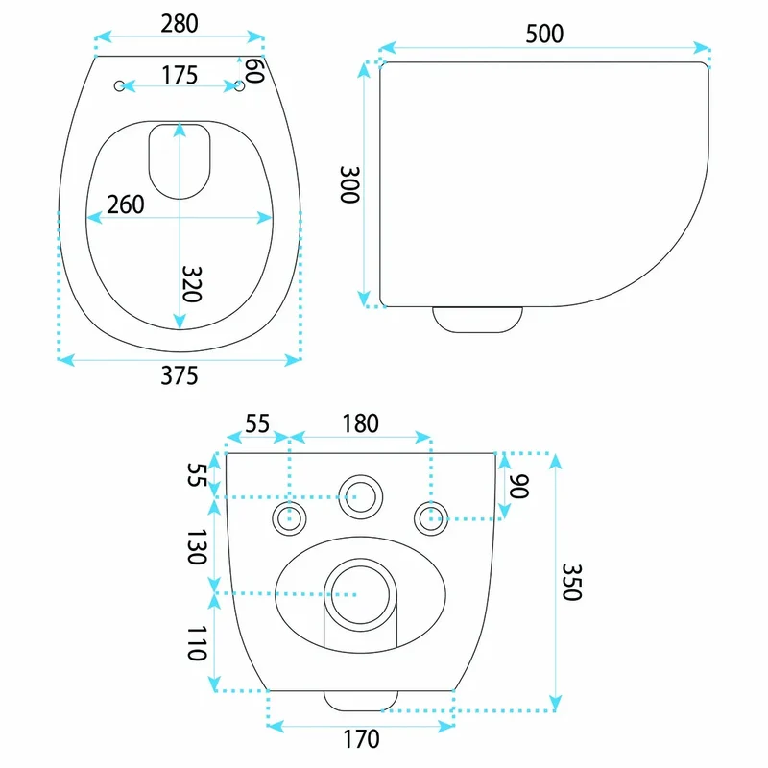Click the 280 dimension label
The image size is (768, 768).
[180, 23]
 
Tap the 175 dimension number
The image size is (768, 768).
[180, 75]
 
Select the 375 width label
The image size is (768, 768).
[180, 375]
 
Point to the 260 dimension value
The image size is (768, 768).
[126, 204]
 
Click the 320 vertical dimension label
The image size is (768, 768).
[191, 284]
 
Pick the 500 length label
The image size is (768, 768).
[544, 34]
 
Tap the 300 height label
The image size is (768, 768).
[349, 184]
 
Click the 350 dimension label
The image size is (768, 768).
[571, 582]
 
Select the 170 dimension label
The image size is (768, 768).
[361, 739]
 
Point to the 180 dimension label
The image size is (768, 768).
[361, 423]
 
